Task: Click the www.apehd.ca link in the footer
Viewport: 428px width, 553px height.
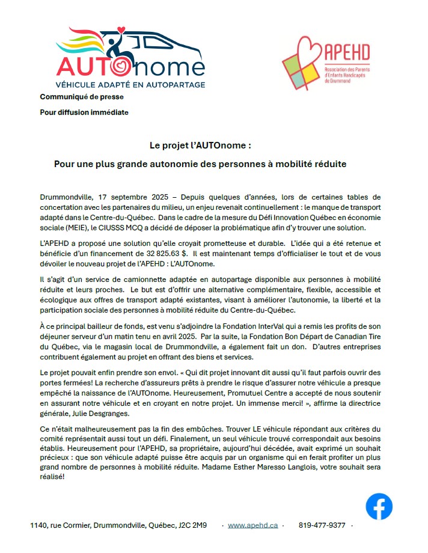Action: coord(252,525)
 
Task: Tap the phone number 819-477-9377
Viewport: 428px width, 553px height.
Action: coord(322,525)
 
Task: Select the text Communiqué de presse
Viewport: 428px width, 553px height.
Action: coord(77,97)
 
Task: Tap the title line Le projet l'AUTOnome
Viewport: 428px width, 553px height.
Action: coord(200,145)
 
